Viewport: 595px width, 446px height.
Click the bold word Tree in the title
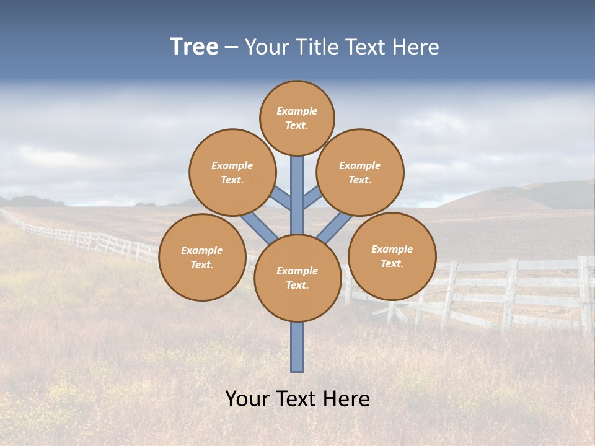194,47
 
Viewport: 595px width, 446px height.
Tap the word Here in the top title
415,47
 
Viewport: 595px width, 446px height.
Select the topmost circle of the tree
297,118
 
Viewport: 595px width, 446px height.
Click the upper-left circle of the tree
232,172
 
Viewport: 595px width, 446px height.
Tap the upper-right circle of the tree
360,172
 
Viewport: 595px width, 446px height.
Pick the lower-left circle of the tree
202,257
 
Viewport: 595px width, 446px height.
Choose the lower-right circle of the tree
392,256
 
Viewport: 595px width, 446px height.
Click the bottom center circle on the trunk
297,278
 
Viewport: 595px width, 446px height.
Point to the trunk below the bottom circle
297,347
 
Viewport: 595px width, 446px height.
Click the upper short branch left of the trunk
281,199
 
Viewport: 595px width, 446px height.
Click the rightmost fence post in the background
584,294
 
